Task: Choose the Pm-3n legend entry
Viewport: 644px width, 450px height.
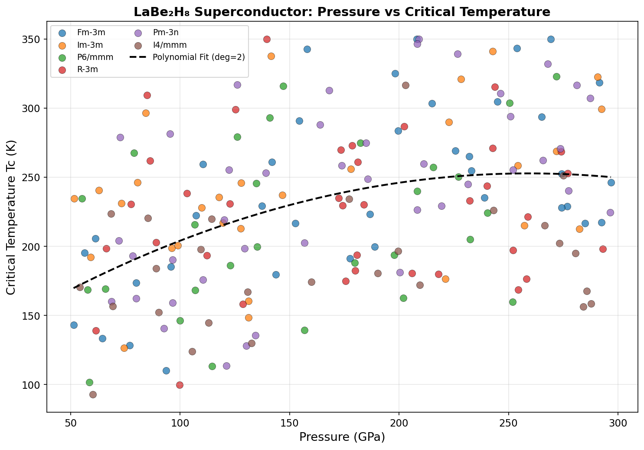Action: pyautogui.click(x=167, y=32)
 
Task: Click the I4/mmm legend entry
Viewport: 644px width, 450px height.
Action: pyautogui.click(x=169, y=45)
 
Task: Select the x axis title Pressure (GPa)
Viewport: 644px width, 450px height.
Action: pyautogui.click(x=342, y=437)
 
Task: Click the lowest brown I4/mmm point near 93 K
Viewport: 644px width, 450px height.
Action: pyautogui.click(x=93, y=394)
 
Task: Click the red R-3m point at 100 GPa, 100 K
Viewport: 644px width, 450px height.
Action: pyautogui.click(x=180, y=385)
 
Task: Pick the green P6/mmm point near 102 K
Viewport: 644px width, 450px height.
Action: pyautogui.click(x=89, y=382)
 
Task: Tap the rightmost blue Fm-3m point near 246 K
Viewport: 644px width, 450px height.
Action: pyautogui.click(x=611, y=182)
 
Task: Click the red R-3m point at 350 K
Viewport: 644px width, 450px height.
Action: pyautogui.click(x=267, y=39)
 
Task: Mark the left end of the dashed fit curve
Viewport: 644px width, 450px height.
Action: pyautogui.click(x=74, y=288)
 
